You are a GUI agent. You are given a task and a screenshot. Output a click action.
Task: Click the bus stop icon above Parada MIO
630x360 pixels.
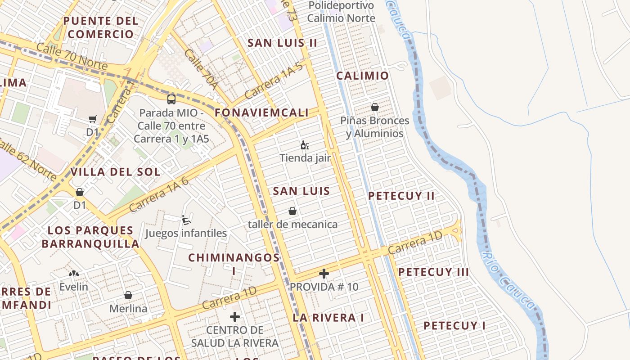171,99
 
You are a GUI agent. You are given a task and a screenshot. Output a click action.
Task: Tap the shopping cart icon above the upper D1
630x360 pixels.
93,119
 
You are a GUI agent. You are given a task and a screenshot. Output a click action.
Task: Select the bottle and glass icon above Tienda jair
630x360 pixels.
305,145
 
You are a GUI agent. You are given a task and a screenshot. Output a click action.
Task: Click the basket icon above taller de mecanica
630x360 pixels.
292,211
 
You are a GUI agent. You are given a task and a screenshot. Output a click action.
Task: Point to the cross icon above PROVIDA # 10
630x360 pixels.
324,274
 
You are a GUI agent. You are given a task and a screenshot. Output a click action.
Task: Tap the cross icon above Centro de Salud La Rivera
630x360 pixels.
234,317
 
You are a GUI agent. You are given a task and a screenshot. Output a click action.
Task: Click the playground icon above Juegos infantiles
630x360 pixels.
185,220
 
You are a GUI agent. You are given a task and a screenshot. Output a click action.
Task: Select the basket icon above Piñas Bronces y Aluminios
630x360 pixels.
374,107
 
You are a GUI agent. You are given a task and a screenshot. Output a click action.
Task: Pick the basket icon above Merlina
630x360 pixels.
128,295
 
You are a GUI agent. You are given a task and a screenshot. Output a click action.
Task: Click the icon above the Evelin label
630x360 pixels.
74,273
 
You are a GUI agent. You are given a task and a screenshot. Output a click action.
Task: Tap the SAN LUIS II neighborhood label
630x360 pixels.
283,43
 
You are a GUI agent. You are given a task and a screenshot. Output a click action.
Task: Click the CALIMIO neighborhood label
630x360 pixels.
362,76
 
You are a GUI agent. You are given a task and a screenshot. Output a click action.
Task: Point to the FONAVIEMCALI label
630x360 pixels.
262,113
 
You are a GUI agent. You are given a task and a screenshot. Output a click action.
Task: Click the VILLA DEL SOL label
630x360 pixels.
115,172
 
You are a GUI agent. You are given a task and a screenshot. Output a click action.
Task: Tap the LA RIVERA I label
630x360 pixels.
328,318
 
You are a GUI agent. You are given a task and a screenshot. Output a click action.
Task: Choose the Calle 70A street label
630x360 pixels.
201,69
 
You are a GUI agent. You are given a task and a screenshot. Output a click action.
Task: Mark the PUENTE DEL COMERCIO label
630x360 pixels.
101,27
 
